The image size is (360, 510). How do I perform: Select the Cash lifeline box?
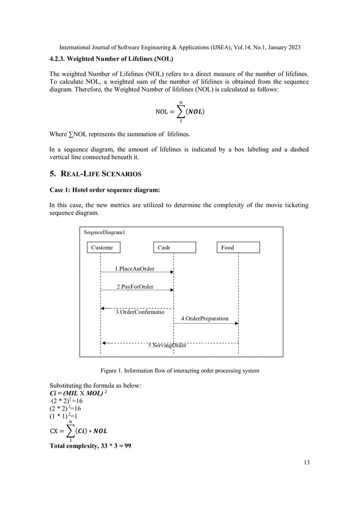(x=174, y=247)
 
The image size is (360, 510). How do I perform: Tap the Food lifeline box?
(x=238, y=247)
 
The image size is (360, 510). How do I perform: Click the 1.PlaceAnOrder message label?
(x=135, y=269)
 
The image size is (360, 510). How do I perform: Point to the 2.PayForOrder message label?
(x=135, y=287)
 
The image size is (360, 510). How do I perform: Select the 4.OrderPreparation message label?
(x=205, y=319)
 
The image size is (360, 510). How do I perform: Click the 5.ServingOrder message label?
(x=167, y=345)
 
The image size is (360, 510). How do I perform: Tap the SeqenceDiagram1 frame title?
(x=104, y=232)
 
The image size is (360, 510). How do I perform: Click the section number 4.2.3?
(x=58, y=59)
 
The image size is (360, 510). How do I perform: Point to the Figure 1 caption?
(x=179, y=370)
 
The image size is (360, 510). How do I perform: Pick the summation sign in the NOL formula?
(x=181, y=111)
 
